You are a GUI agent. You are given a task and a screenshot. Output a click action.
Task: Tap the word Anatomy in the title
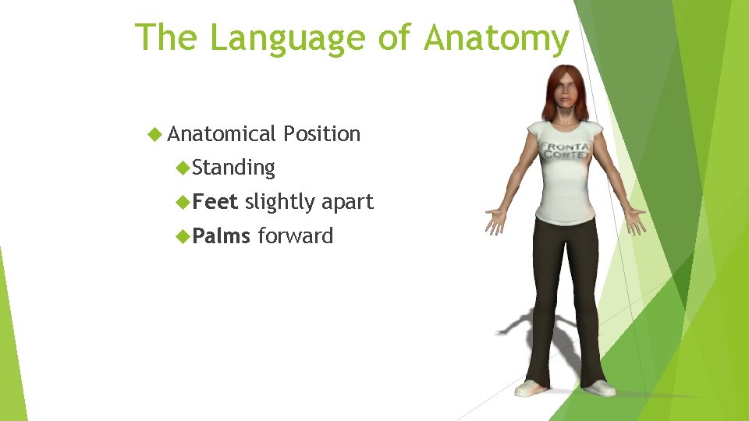tap(497, 38)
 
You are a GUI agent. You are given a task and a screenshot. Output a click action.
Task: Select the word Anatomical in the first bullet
tap(222, 134)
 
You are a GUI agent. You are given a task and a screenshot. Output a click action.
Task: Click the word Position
tap(321, 134)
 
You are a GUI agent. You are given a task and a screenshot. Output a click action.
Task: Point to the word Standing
tap(233, 168)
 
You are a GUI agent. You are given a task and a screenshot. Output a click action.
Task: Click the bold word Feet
tap(215, 202)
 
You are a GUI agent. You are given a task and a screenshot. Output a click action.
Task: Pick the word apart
tap(348, 203)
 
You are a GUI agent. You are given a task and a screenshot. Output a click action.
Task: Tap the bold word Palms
tap(221, 236)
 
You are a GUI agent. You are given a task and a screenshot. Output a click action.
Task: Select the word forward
tap(295, 236)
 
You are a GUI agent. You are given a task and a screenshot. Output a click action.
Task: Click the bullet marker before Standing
tap(183, 168)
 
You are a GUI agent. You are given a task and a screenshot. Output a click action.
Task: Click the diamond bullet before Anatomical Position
tap(154, 134)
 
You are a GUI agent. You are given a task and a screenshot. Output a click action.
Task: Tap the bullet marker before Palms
tap(183, 236)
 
